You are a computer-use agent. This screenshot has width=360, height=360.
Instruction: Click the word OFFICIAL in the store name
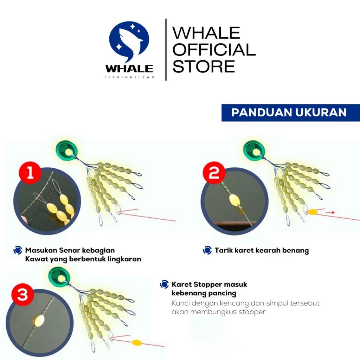[214, 50]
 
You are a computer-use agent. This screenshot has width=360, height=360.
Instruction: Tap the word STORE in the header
[204, 66]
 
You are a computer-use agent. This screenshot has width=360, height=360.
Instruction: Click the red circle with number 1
[30, 173]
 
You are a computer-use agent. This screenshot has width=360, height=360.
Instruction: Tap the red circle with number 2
[214, 173]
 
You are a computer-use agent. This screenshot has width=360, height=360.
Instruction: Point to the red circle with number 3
[22, 294]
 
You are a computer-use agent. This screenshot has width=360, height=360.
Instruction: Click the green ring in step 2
[254, 151]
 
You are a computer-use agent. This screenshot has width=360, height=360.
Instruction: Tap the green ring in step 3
[59, 278]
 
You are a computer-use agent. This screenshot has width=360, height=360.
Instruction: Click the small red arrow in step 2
[330, 213]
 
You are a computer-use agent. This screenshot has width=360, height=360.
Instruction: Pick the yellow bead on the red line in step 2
[313, 212]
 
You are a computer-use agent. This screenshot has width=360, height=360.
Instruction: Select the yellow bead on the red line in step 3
[137, 343]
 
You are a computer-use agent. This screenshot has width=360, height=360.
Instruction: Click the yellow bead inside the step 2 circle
[235, 200]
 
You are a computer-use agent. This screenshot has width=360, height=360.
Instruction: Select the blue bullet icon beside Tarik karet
[207, 250]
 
